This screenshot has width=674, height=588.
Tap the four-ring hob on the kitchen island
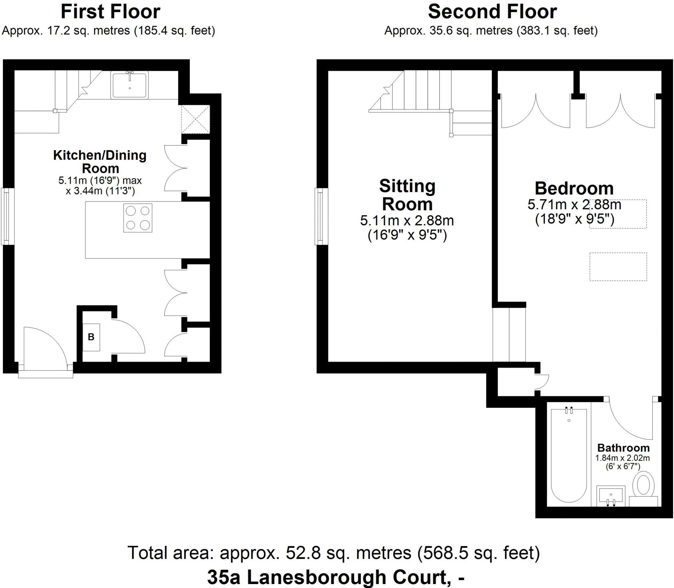click(138, 218)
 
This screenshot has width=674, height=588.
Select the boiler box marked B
click(91, 337)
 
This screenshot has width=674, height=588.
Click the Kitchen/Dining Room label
click(100, 161)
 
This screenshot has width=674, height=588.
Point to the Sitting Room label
click(407, 195)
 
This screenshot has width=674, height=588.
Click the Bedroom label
click(574, 189)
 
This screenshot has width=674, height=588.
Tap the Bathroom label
click(623, 448)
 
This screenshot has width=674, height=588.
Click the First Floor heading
click(111, 12)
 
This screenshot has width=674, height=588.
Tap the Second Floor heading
click(492, 12)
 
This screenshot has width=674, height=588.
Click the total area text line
click(333, 553)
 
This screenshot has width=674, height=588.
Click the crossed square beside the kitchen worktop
click(195, 119)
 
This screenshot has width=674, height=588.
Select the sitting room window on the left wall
click(321, 216)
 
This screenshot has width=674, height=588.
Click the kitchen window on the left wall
click(7, 216)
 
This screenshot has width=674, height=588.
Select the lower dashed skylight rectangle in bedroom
click(618, 266)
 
